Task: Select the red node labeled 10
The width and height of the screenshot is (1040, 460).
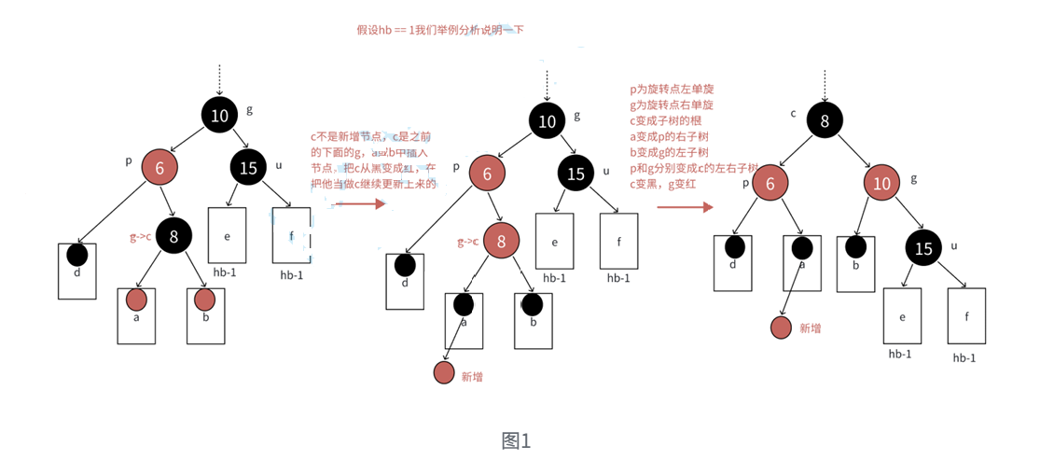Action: click(881, 183)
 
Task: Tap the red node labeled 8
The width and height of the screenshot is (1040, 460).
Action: click(501, 242)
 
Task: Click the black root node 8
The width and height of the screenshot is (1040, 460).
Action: click(825, 120)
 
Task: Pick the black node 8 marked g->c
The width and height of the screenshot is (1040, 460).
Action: click(173, 236)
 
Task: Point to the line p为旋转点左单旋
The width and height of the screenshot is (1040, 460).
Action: click(672, 90)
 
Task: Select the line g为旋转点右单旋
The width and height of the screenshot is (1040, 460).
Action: click(672, 105)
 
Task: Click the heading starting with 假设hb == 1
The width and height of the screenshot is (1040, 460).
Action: click(440, 30)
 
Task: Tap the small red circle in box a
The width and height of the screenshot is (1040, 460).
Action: click(136, 300)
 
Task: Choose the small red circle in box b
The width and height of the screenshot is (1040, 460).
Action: click(205, 300)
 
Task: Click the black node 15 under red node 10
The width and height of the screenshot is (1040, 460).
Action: click(923, 249)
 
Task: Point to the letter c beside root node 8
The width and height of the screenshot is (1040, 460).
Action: click(793, 114)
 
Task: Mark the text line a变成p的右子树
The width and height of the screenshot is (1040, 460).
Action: click(672, 136)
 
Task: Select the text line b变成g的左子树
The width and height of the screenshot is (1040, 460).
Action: click(671, 152)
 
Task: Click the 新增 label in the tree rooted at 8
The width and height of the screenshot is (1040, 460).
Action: click(810, 328)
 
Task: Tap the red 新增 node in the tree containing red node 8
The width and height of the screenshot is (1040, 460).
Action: click(444, 372)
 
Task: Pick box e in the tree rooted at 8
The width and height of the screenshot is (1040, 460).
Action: click(902, 316)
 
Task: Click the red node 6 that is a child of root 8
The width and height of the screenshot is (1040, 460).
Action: click(770, 183)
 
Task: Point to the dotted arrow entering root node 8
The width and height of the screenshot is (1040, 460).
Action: click(825, 85)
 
